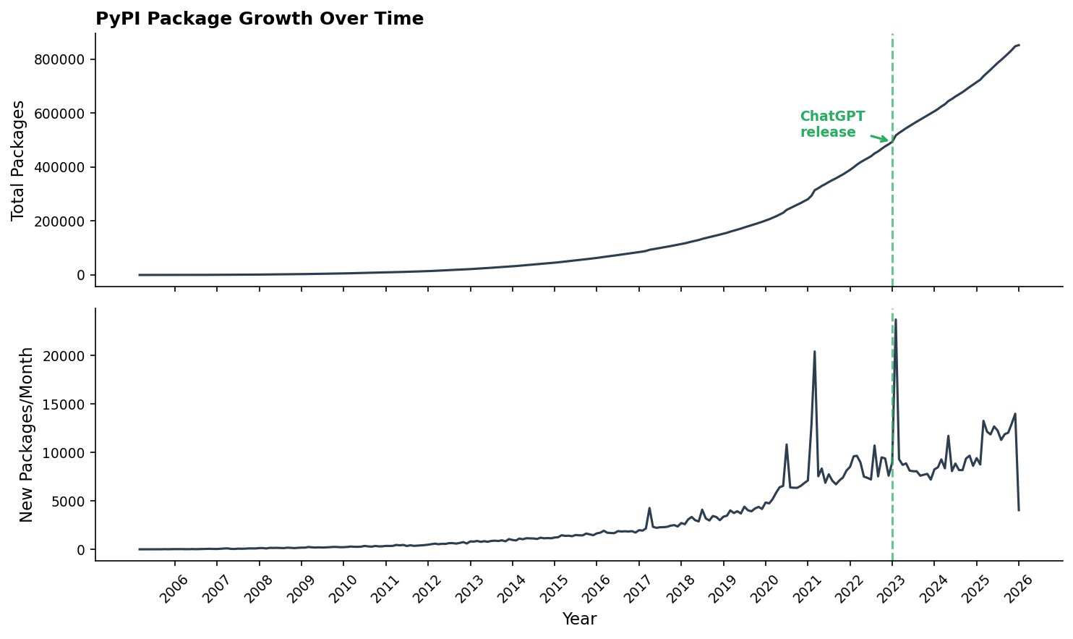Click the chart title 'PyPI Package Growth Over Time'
tap(260, 20)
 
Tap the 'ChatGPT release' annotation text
tap(832, 124)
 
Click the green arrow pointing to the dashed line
tap(879, 137)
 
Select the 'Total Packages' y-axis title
tap(19, 160)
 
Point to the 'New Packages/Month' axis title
tap(27, 434)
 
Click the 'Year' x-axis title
tap(579, 619)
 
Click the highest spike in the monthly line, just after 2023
tap(896, 319)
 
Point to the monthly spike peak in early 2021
tap(815, 352)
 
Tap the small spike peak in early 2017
tap(649, 508)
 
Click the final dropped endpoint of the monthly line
tap(1019, 510)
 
